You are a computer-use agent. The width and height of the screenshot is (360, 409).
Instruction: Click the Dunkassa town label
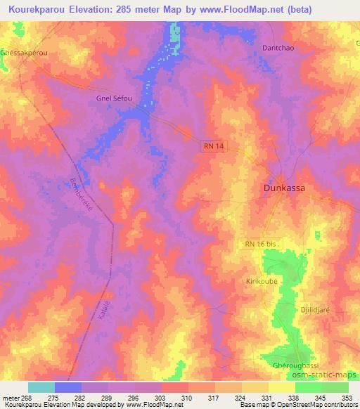288,188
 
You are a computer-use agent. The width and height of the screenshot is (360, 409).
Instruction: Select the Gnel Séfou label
114,98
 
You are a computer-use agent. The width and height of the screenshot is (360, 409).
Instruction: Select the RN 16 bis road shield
262,243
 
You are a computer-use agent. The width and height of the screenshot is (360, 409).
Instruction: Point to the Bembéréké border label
84,197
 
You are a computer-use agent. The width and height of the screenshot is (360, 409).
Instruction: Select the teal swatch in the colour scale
41,387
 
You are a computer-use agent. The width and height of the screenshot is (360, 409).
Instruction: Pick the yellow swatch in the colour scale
282,387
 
